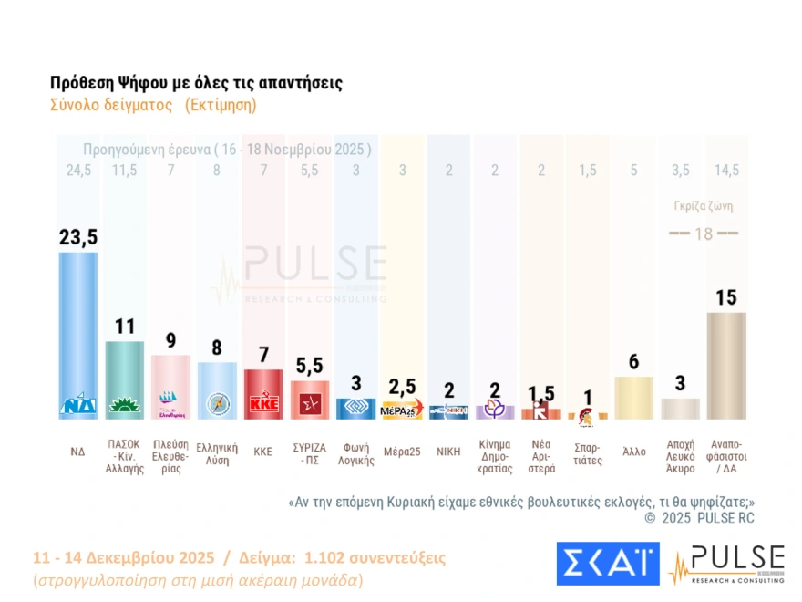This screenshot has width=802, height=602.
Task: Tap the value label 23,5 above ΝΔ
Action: (x=77, y=237)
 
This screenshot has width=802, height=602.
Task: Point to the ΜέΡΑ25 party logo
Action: (x=402, y=409)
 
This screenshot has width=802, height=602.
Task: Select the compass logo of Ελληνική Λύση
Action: (x=217, y=404)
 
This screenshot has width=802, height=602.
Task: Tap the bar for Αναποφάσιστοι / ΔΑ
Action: (x=726, y=365)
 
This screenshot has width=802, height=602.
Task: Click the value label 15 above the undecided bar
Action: (x=726, y=298)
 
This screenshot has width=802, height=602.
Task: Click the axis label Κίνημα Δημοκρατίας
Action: (x=495, y=456)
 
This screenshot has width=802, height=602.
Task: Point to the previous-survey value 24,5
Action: (x=77, y=171)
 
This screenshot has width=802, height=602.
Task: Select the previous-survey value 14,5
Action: (x=727, y=171)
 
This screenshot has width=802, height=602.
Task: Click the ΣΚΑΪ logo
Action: (x=607, y=564)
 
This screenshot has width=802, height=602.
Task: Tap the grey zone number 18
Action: (x=703, y=234)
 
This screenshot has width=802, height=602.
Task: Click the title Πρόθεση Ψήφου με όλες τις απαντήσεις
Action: (x=196, y=83)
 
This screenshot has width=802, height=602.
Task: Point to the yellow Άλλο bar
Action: (x=633, y=398)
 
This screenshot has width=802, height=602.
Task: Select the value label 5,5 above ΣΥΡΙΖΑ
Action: (x=310, y=366)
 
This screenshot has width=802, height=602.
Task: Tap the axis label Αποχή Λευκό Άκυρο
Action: (x=680, y=456)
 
